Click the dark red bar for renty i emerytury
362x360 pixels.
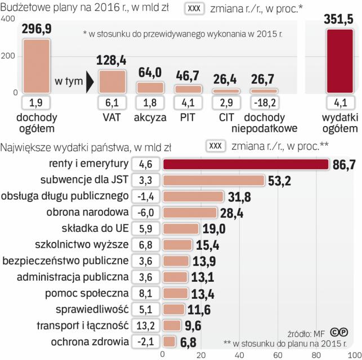coord(246,164)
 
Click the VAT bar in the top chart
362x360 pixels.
coord(111,81)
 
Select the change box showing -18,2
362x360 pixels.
coord(263,103)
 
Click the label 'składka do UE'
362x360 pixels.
coord(95,229)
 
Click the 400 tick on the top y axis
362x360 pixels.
coord(8,19)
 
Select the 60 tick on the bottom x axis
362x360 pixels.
coord(278,355)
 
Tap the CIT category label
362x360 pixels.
coord(226,118)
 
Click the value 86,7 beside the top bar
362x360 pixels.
coord(343,165)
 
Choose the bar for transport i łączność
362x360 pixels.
coord(172,326)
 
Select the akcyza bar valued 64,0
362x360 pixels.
coord(150,87)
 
